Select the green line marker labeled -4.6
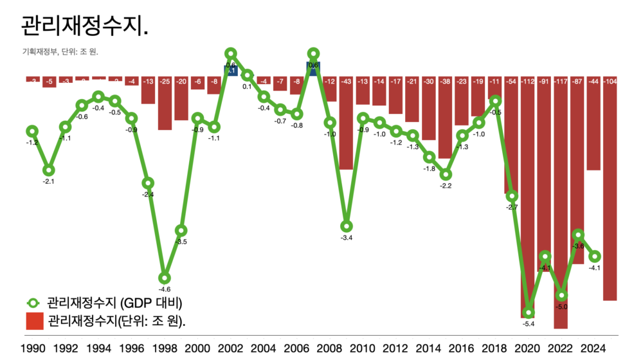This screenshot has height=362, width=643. [x=165, y=278]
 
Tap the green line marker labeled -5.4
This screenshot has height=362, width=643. [x=529, y=312]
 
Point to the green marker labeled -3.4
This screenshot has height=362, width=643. [x=347, y=226]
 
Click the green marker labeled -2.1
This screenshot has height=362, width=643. [x=49, y=170]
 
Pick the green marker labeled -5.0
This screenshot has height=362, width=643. [x=561, y=295]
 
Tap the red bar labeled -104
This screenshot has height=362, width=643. [x=610, y=190]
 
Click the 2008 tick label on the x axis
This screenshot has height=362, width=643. [x=329, y=348]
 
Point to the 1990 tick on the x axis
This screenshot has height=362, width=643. [x=32, y=348]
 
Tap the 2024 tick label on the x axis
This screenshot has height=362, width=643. [x=593, y=348]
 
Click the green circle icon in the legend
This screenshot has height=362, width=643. [x=33, y=303]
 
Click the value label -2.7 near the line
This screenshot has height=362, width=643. [x=512, y=207]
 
